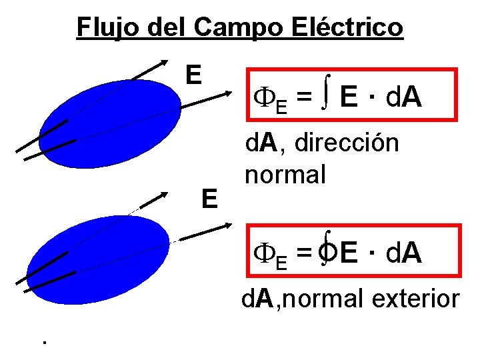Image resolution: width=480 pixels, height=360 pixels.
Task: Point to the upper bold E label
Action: [193, 75]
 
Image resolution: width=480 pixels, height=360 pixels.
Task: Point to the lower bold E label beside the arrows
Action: [209, 199]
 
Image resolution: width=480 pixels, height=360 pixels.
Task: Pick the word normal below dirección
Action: [285, 174]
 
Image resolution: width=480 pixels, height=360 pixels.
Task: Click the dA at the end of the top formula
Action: [403, 98]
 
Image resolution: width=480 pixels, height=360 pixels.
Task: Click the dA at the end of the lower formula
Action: [404, 254]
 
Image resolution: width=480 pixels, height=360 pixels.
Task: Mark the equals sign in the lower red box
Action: [303, 254]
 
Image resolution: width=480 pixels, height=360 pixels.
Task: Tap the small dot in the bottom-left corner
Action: [43, 343]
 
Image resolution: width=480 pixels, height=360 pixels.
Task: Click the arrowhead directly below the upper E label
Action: [224, 96]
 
